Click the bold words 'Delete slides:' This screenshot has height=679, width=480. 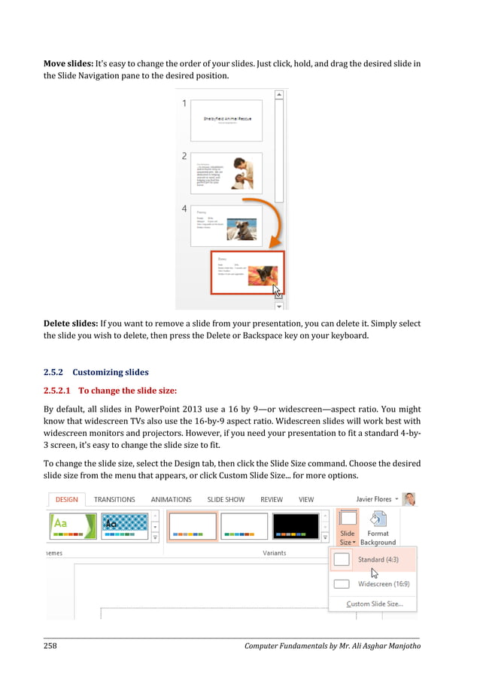click(x=71, y=323)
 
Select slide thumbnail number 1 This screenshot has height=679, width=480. click(x=226, y=121)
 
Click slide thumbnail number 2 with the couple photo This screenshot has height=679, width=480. click(x=226, y=174)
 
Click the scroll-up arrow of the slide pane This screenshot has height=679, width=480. click(x=279, y=96)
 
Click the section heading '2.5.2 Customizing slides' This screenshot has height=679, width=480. click(x=96, y=372)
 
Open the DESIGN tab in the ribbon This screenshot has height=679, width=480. click(x=67, y=499)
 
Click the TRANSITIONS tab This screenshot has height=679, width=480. click(x=114, y=499)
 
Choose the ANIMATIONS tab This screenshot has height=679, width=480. click(x=171, y=499)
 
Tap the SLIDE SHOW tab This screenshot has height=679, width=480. click(x=226, y=499)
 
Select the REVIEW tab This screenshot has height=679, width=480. click(x=272, y=499)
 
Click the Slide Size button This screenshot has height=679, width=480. click(x=347, y=527)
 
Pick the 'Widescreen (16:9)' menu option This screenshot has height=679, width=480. click(x=383, y=583)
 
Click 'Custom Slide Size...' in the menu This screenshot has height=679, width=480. click(x=374, y=604)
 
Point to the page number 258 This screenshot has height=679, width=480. click(x=50, y=645)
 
